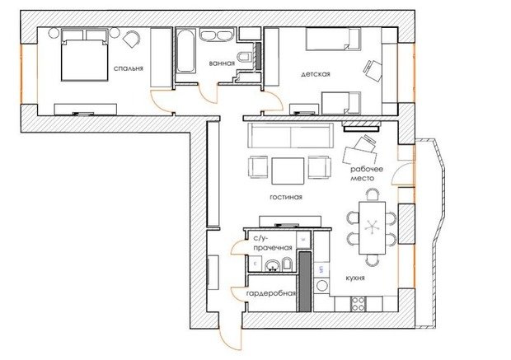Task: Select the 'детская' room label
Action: tap(316, 75)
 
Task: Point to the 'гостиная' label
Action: tap(285, 198)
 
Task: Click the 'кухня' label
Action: tap(356, 279)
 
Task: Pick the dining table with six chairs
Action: tap(371, 222)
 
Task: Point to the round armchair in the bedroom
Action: tap(132, 39)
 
